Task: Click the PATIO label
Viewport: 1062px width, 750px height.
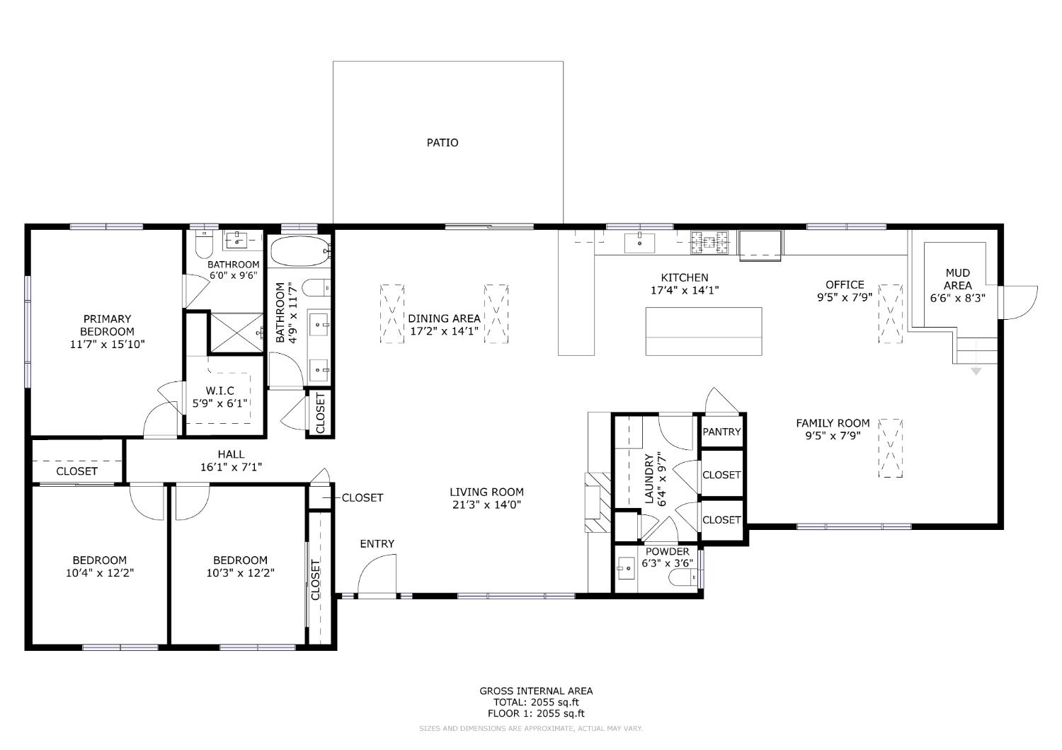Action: click(x=442, y=143)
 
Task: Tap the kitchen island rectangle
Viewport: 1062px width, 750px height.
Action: click(x=703, y=331)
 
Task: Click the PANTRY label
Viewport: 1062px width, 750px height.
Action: click(x=721, y=432)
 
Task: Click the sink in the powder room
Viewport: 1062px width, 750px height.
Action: click(x=625, y=567)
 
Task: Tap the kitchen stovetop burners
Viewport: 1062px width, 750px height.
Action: click(x=710, y=242)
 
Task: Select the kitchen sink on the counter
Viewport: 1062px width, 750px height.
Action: click(x=640, y=242)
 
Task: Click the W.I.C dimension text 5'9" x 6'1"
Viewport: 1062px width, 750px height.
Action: click(x=220, y=404)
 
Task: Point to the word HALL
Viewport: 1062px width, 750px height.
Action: click(x=231, y=454)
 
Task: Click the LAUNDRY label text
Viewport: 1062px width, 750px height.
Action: click(x=649, y=479)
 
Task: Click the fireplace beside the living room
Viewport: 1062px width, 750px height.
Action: click(x=596, y=502)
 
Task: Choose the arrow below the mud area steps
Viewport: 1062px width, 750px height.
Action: click(x=976, y=371)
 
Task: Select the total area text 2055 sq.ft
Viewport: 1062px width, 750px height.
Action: click(x=536, y=703)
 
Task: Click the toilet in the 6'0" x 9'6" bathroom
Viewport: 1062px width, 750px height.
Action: click(x=203, y=245)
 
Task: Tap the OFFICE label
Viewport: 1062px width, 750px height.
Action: click(x=844, y=284)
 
